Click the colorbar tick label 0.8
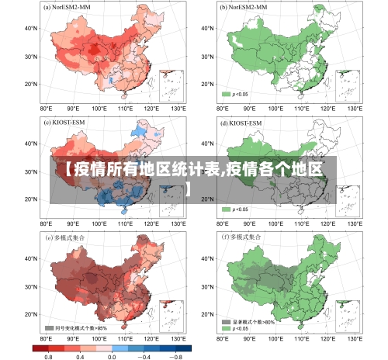(48, 355)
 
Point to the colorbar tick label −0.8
(178, 355)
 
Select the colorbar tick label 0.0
(112, 355)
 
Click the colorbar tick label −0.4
(144, 355)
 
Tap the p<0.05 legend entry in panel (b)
(235, 94)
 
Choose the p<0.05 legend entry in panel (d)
(235, 209)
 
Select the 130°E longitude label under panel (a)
(178, 109)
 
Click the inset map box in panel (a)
(171, 85)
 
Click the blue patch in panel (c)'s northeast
(147, 130)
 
